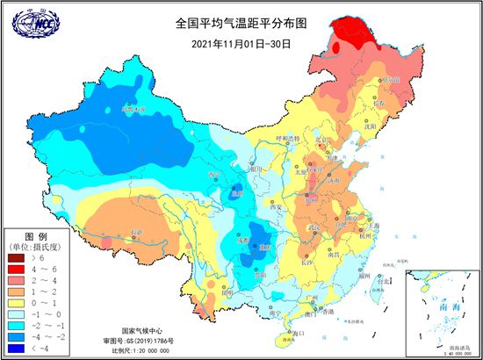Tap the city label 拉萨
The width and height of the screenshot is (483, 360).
(134, 232)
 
